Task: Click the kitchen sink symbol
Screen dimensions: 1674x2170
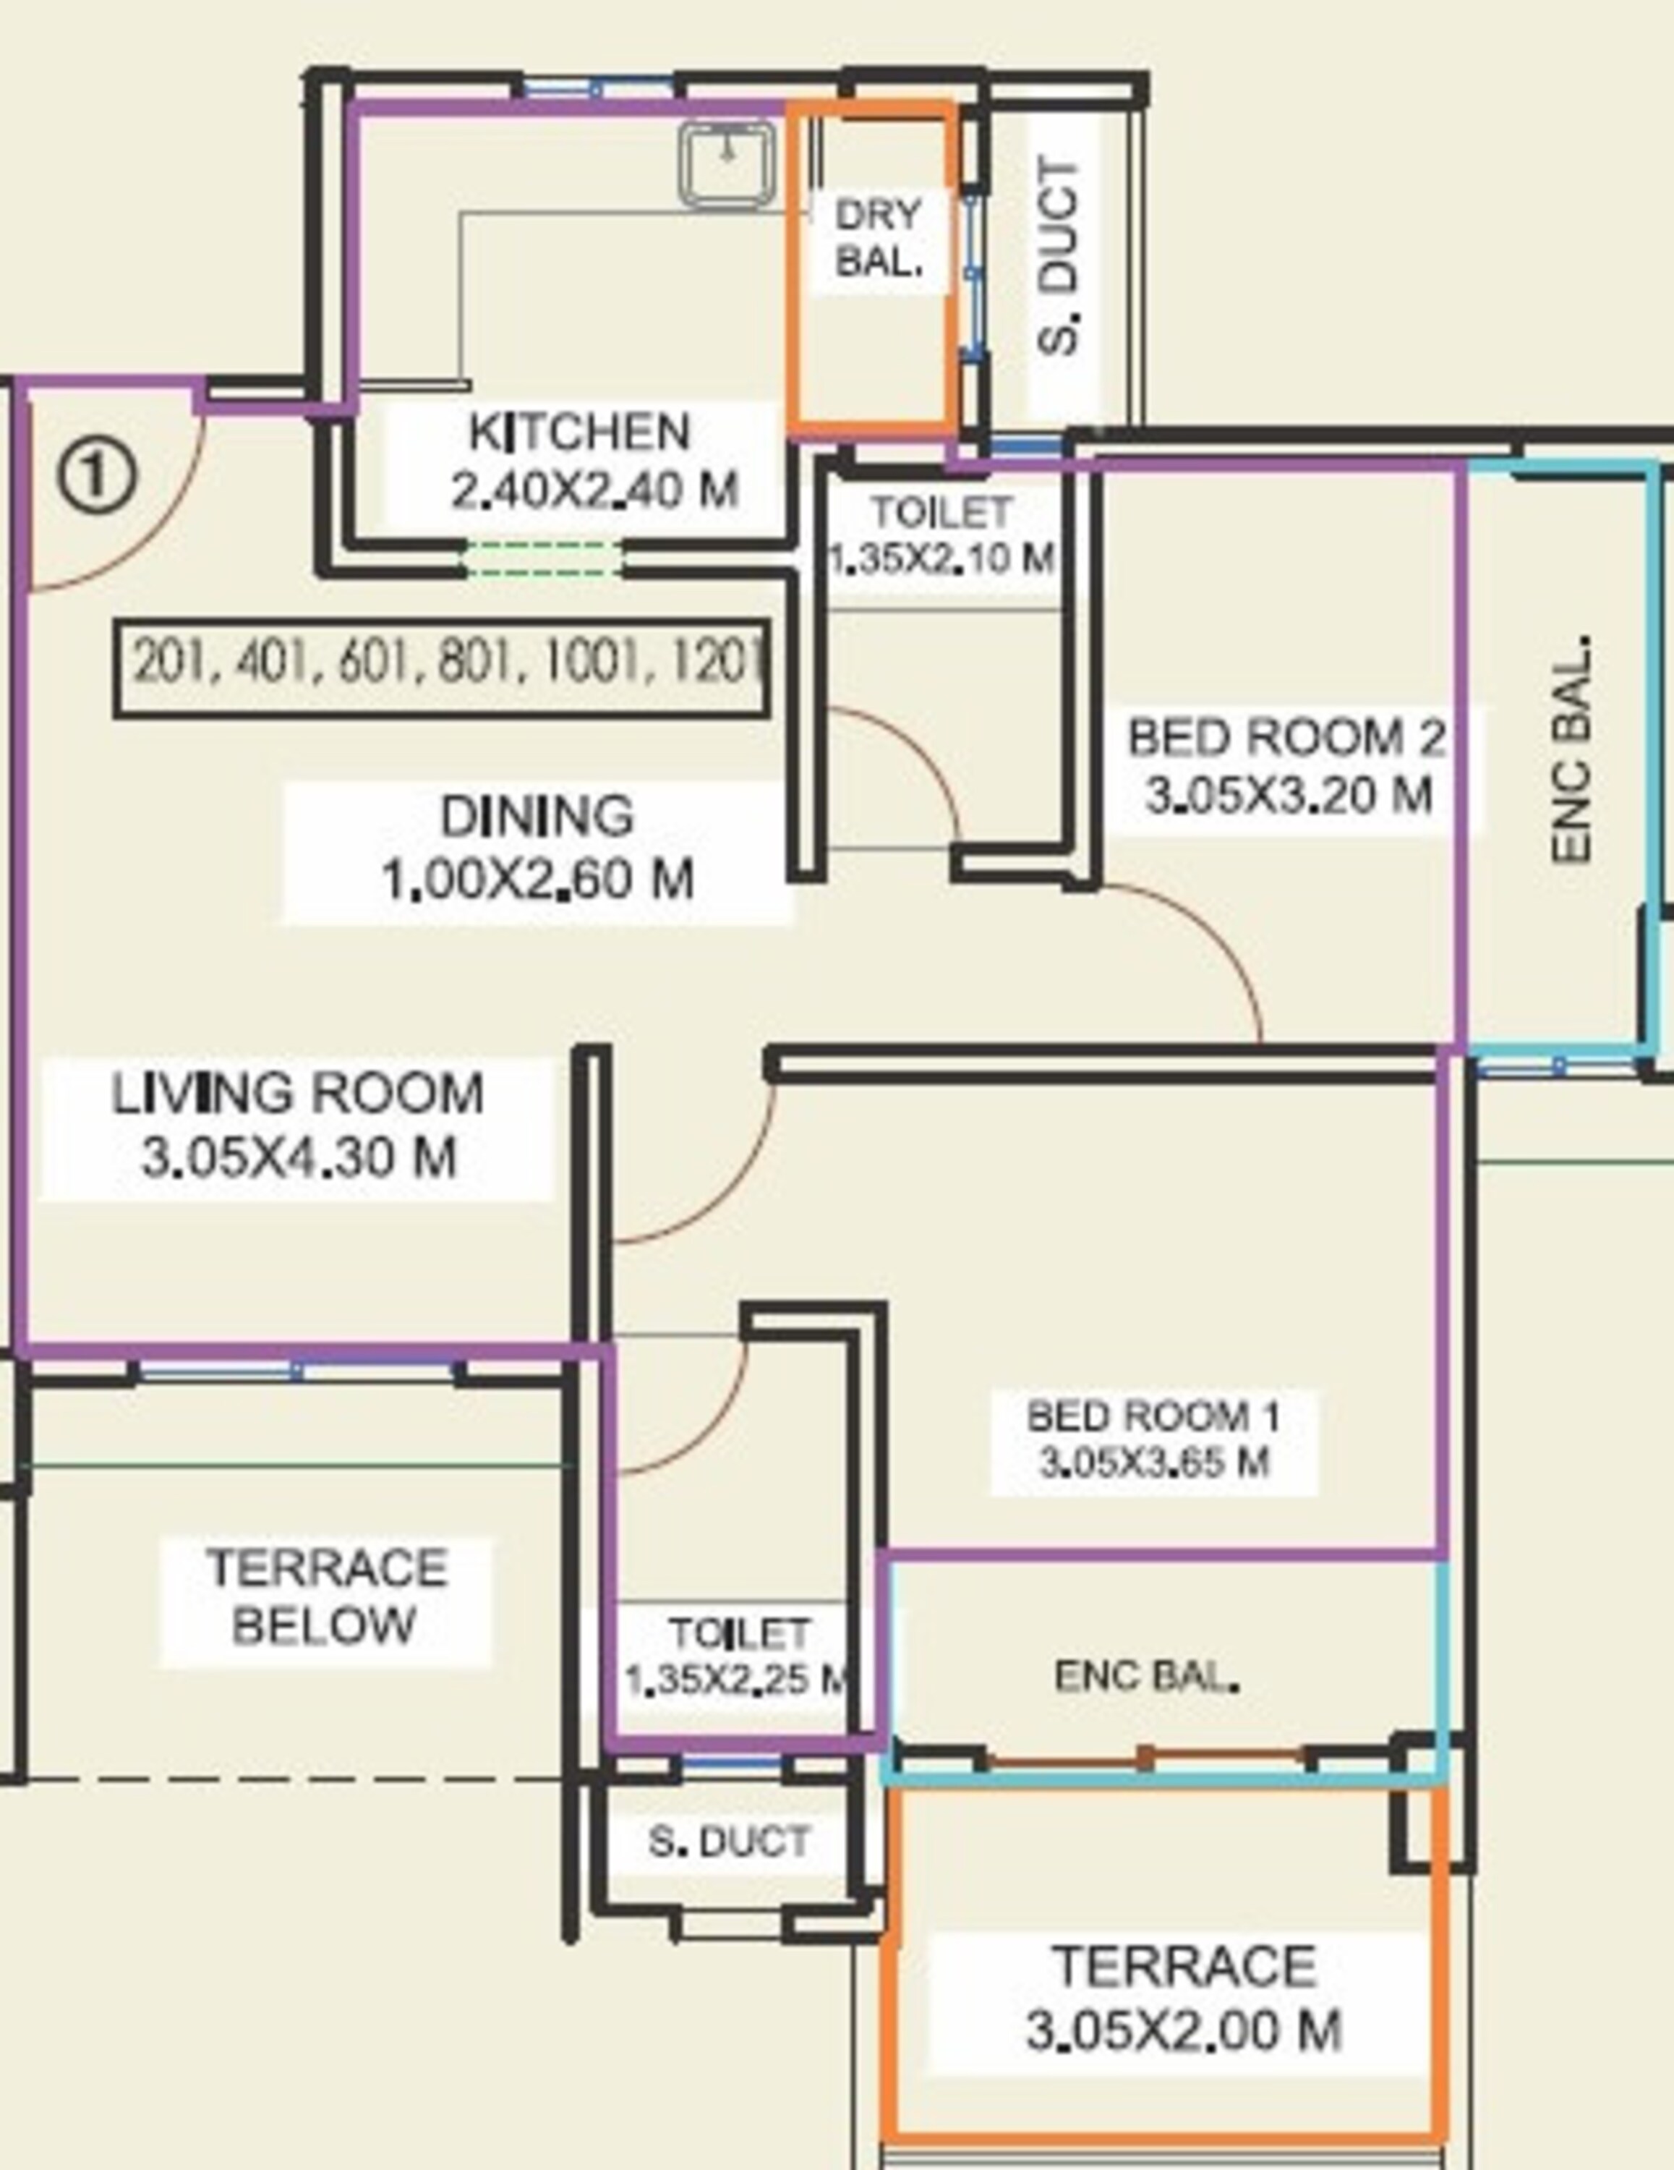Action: (x=728, y=164)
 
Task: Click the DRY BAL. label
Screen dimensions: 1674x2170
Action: (x=879, y=239)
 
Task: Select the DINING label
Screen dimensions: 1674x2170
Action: (x=537, y=817)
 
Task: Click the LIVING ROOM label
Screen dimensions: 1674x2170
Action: (x=297, y=1094)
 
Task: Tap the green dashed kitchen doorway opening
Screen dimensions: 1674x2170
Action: (x=544, y=559)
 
